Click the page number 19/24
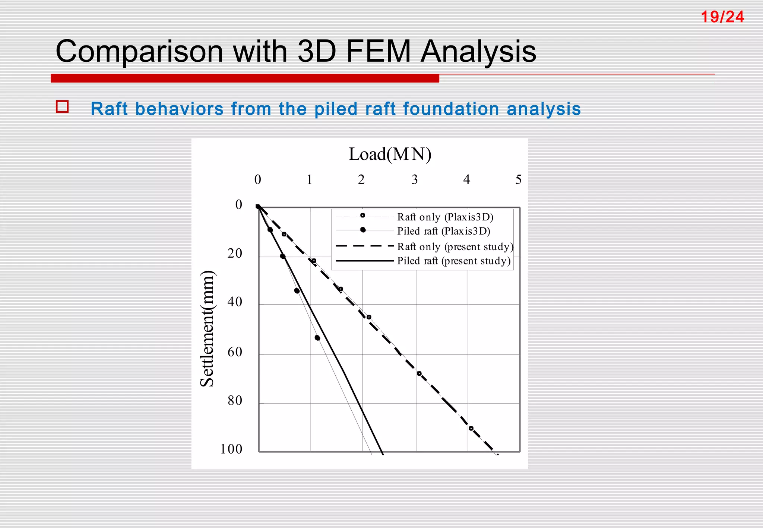pos(722,17)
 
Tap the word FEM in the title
pos(378,51)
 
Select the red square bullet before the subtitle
pos(62,107)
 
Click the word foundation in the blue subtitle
pos(451,109)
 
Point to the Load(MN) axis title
pos(390,154)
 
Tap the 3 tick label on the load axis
pos(415,180)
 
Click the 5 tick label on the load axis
pos(518,180)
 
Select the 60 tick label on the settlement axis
pos(235,352)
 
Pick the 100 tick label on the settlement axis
pos(231,449)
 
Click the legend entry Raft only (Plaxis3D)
pos(445,217)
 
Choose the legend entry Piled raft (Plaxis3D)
pos(443,231)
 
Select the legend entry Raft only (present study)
pos(455,246)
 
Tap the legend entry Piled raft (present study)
pos(454,261)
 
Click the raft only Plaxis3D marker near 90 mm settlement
pos(471,429)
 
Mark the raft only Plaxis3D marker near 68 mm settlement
pos(419,373)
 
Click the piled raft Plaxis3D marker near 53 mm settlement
pos(317,338)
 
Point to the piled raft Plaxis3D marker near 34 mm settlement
pos(297,291)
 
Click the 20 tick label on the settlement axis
pos(235,254)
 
